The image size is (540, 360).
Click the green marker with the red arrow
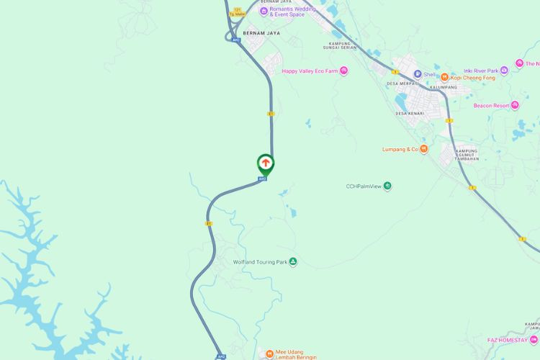[x=266, y=163]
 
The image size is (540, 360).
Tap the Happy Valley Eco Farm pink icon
[x=343, y=71]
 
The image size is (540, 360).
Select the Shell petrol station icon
[x=417, y=73]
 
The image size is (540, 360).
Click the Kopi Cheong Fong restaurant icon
[x=445, y=77]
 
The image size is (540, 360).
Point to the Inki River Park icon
[x=504, y=70]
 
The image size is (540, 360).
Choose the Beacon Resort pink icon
[x=516, y=106]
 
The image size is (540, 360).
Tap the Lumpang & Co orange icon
[x=425, y=149]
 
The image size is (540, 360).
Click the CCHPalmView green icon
[x=388, y=186]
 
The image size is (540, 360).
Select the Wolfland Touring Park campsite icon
[x=292, y=262]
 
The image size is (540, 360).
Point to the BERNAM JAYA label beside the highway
[x=261, y=33]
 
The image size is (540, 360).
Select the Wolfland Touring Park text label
[x=259, y=262]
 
